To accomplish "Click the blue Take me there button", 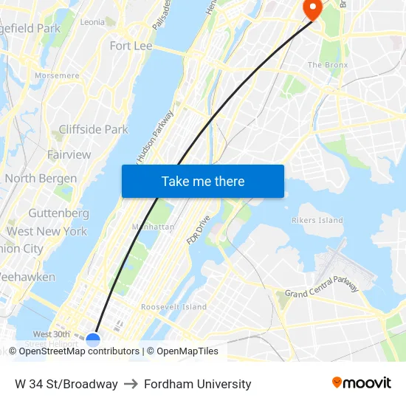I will point(202,181).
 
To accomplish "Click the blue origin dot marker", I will point(93,340).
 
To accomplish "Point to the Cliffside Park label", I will point(93,129).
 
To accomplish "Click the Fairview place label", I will point(69,154).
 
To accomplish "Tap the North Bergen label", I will point(41,179).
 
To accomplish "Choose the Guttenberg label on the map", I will point(58,213).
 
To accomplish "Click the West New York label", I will point(47,231).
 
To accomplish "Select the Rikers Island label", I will point(317,220).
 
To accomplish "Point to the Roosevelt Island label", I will point(173,307).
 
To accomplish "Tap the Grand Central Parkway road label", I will point(322,288).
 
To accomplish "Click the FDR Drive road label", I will point(198,231).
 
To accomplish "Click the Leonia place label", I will point(92,22).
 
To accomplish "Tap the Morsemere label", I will point(57,75).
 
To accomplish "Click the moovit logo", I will point(361,383).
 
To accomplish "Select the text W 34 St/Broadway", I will point(66,384).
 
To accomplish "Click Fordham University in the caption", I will point(198,384).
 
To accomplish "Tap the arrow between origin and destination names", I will point(131,384).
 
